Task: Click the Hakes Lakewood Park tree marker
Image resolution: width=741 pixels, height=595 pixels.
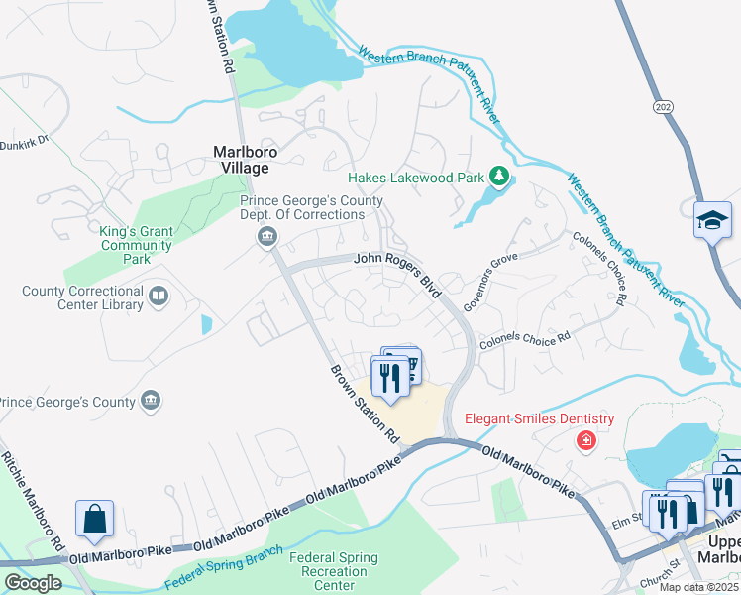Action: [500, 178]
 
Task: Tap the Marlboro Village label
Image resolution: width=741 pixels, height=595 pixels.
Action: [242, 161]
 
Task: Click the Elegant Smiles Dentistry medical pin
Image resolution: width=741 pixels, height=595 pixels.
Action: [586, 439]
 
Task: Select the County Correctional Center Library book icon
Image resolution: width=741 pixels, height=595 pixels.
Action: [158, 296]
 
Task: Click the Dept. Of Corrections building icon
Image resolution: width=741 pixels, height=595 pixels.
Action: [266, 236]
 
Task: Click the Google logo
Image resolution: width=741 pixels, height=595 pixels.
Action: [33, 583]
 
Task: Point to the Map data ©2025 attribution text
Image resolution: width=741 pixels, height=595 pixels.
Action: [698, 587]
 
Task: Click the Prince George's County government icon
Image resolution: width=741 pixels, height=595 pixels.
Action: [152, 400]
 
